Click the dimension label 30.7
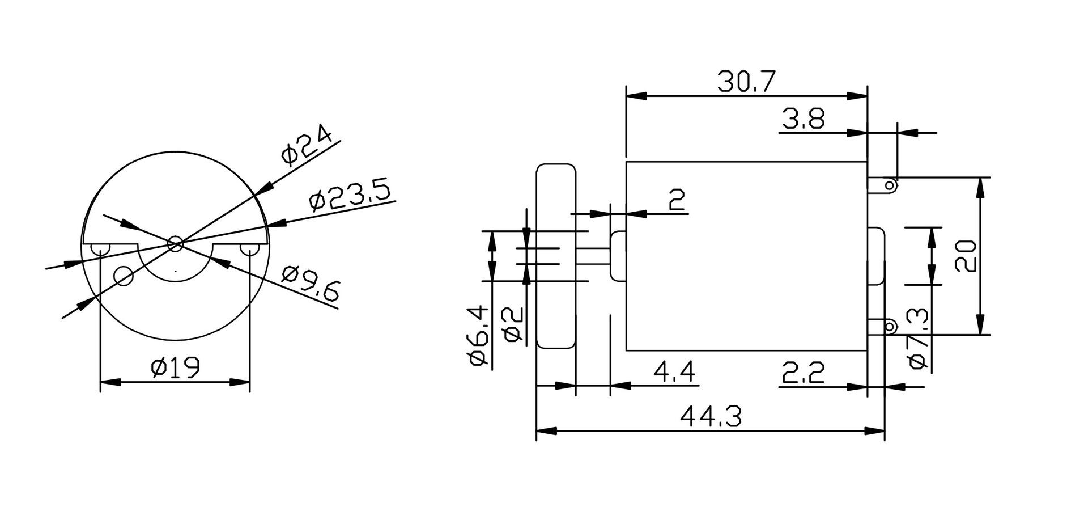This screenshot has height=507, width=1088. pos(746,82)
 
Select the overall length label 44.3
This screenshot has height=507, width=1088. pos(711,417)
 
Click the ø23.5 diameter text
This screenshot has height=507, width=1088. pos(351,196)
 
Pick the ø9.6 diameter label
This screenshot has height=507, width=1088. pos(311,284)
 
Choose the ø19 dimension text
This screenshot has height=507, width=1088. pos(175,368)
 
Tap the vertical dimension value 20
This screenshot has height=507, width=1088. pos(965,256)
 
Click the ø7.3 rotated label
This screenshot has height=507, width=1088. pos(919,339)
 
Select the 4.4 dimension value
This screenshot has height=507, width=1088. pos(674,372)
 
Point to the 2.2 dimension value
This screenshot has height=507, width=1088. pos(803,372)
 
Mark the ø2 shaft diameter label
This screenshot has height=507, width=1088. pos(513,325)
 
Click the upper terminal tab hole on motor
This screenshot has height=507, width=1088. pos(890,185)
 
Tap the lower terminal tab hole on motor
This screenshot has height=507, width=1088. pos(890,327)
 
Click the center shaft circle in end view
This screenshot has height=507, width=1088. pos(176,244)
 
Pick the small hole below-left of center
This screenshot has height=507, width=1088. pos(124,276)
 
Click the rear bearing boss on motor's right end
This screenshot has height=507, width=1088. pos(876,256)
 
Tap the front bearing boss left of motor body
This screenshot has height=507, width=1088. pos(618,256)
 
